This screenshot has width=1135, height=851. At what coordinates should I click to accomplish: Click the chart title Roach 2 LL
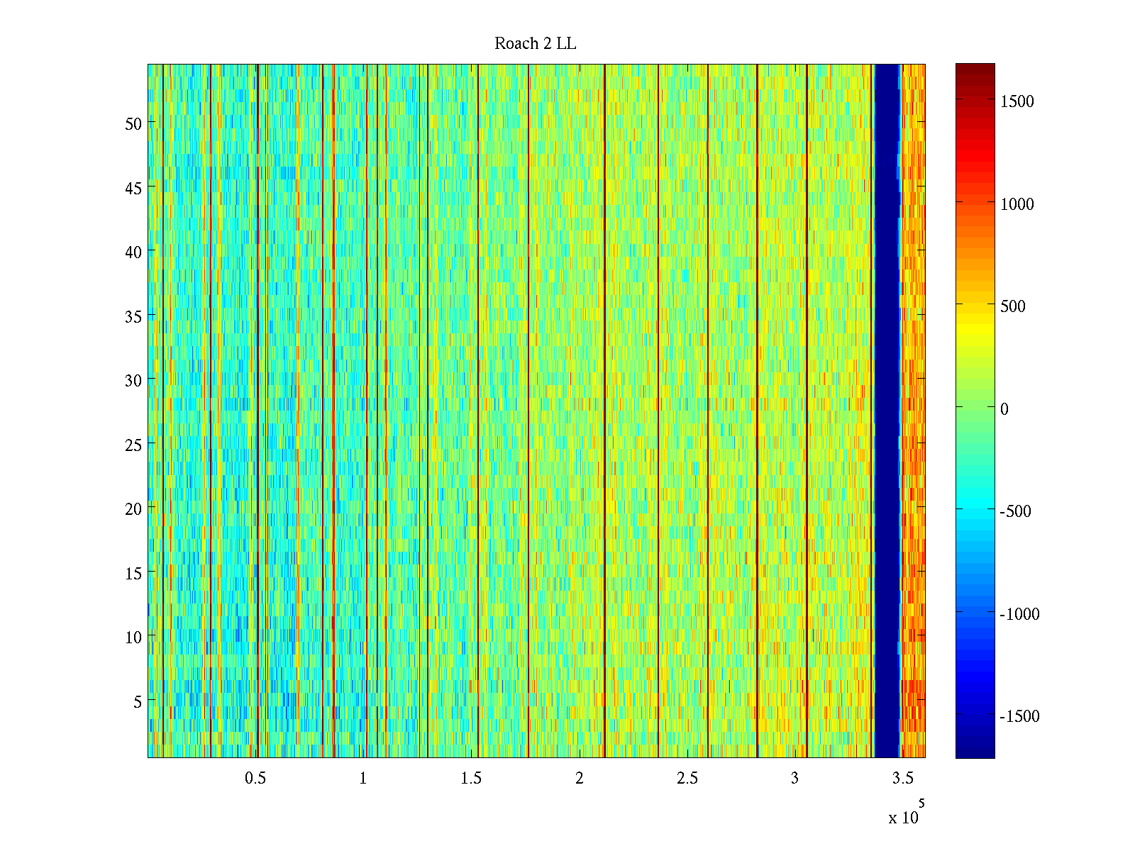pos(535,44)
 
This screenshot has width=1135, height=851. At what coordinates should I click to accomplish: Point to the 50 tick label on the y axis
pos(133,123)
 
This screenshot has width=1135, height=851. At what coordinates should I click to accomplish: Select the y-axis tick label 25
pos(133,445)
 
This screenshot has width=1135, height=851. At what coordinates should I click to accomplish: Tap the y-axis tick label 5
pos(138,701)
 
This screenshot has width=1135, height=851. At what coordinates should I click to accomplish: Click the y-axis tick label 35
pos(133,316)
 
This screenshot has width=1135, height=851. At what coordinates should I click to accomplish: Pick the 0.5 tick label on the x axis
pos(255,779)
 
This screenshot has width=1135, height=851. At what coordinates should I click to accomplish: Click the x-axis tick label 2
pos(580,779)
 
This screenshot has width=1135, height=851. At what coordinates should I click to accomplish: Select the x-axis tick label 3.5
pos(902,779)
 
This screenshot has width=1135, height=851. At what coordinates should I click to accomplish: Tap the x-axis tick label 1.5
pos(471,779)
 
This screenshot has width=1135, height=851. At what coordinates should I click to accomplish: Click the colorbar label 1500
pos(1017,101)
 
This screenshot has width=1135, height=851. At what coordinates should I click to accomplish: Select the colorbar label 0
pos(1004,409)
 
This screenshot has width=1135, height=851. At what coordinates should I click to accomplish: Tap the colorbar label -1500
pos(1019,716)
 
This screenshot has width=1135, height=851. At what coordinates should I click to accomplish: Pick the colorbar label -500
pos(1015,511)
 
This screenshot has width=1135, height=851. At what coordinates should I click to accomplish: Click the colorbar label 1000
pos(1017,204)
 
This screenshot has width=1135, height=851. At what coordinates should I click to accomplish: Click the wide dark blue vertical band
pos(887,411)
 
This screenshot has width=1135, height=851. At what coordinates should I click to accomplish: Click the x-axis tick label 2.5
pos(687,779)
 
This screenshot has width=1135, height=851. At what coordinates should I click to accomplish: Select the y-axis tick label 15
pos(133,573)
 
